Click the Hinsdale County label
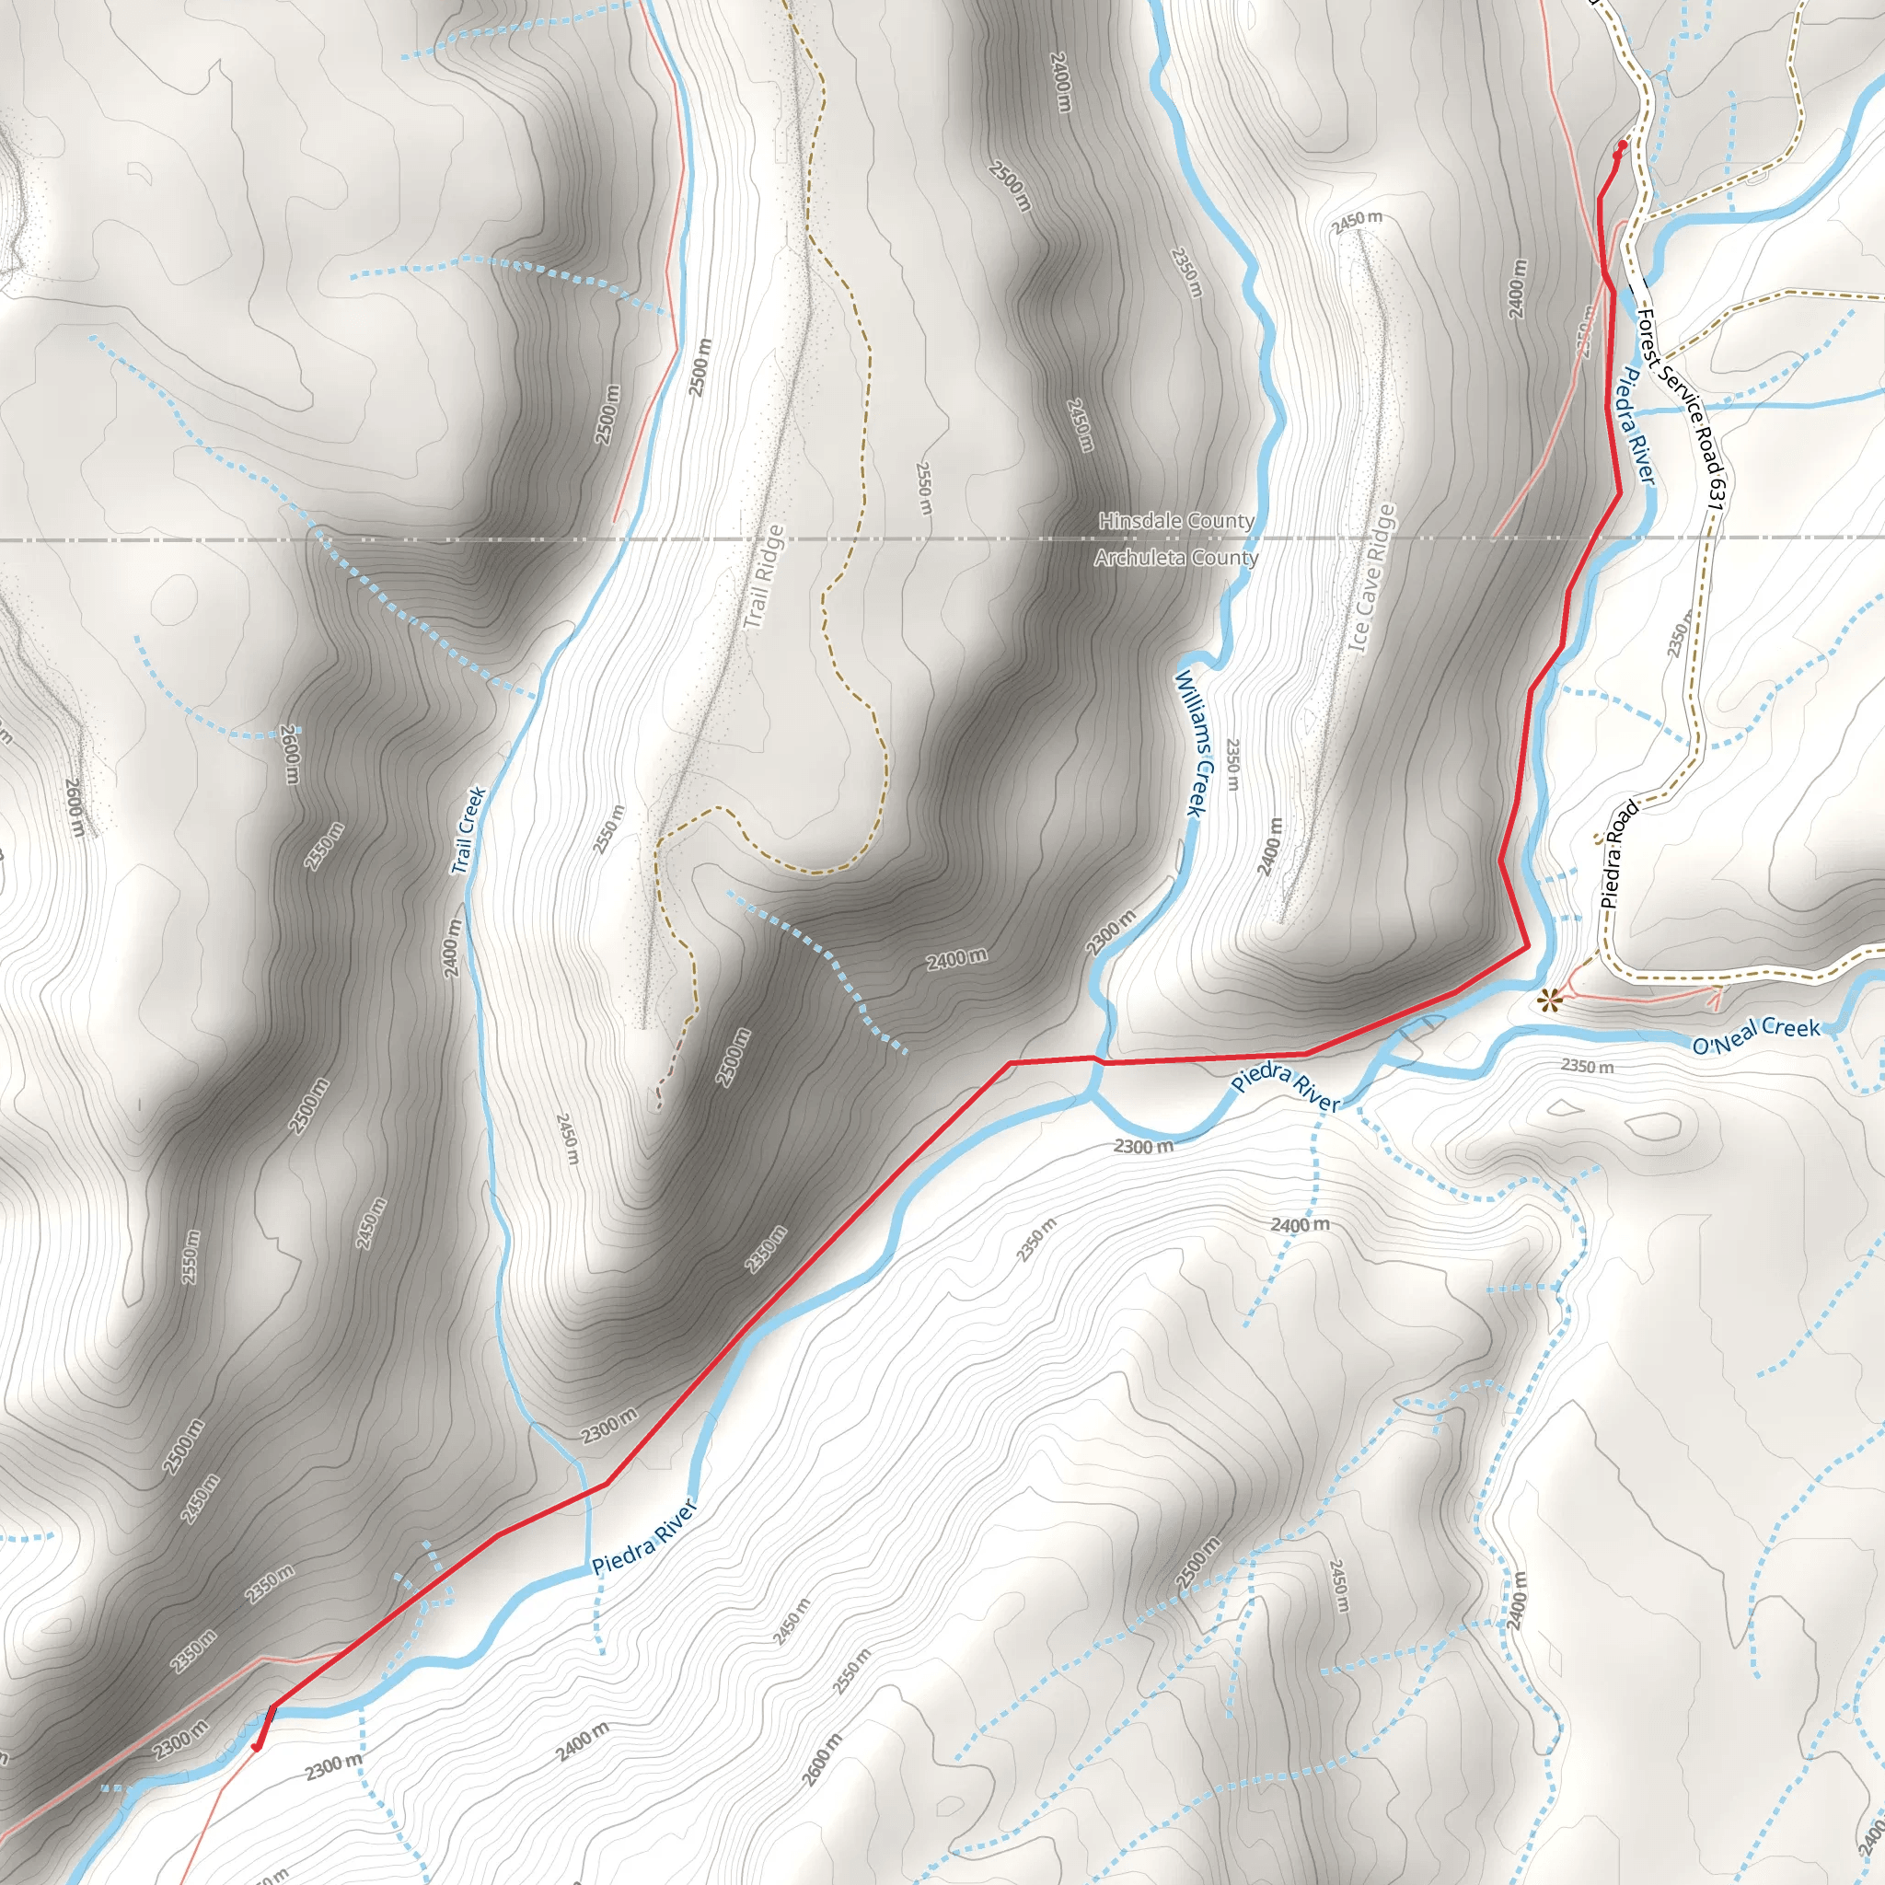(x=1175, y=521)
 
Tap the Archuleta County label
(x=1175, y=558)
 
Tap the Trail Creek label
(x=468, y=830)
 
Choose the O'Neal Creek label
(x=1756, y=1035)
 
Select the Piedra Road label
(x=1620, y=855)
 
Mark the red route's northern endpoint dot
(x=1623, y=145)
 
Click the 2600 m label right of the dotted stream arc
(x=290, y=753)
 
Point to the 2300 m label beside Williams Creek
(x=1111, y=931)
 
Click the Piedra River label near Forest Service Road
(x=1638, y=425)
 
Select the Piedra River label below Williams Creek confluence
(x=1285, y=1087)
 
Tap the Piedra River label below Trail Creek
(x=645, y=1538)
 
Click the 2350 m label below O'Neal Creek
(x=1587, y=1067)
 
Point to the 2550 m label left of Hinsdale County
(x=924, y=488)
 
